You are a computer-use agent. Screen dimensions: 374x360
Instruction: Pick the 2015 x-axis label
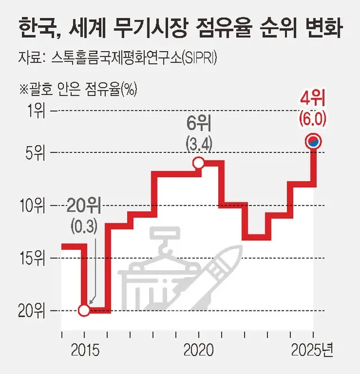point(84,350)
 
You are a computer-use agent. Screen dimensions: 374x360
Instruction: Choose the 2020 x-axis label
point(199,350)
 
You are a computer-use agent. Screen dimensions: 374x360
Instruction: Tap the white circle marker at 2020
point(199,163)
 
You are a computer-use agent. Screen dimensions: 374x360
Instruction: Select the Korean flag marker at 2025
point(313,142)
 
